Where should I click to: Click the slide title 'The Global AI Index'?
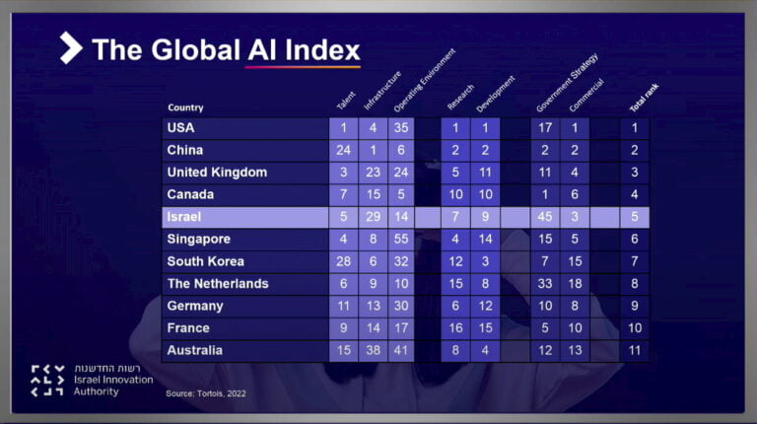(226, 50)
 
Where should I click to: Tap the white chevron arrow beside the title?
(70, 47)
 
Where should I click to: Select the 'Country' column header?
(185, 107)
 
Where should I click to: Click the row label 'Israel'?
(184, 217)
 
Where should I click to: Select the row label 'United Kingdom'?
(217, 173)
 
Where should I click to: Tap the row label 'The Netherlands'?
(217, 284)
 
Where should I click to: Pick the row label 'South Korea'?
(206, 261)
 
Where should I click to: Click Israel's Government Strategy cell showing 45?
(545, 217)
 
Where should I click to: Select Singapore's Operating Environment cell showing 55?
(402, 240)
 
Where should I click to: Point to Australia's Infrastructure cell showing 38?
(373, 350)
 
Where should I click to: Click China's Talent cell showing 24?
(343, 151)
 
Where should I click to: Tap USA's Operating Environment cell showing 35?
(402, 128)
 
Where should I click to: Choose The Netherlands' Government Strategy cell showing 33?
(545, 284)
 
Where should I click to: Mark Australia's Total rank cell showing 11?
(635, 350)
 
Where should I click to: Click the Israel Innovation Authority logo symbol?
(47, 381)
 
